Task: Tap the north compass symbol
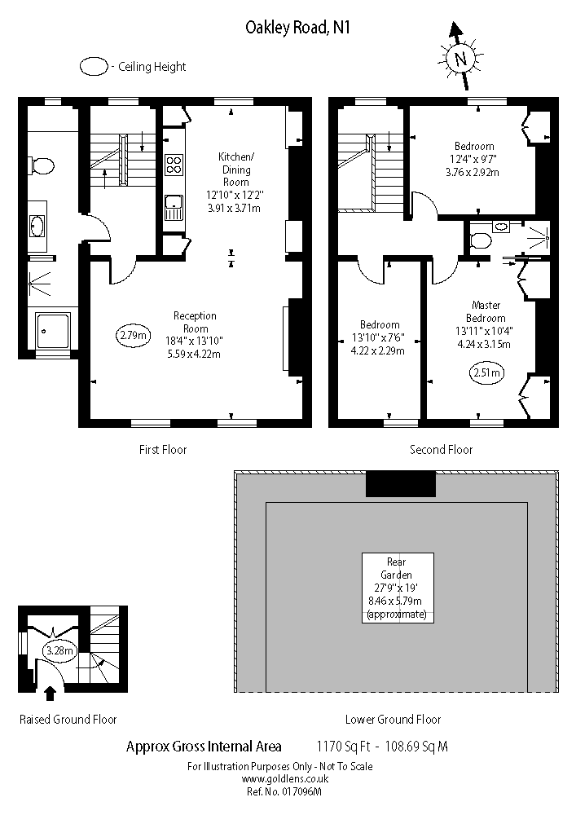click(x=460, y=59)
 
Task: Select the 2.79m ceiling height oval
click(x=132, y=334)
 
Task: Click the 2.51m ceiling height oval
click(x=486, y=373)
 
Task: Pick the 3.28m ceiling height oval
click(x=59, y=650)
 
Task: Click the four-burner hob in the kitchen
click(x=174, y=165)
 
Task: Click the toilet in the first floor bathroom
click(x=41, y=166)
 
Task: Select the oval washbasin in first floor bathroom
click(x=37, y=226)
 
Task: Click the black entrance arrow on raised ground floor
click(x=50, y=694)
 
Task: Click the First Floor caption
click(x=163, y=449)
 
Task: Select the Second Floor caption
click(x=441, y=449)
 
